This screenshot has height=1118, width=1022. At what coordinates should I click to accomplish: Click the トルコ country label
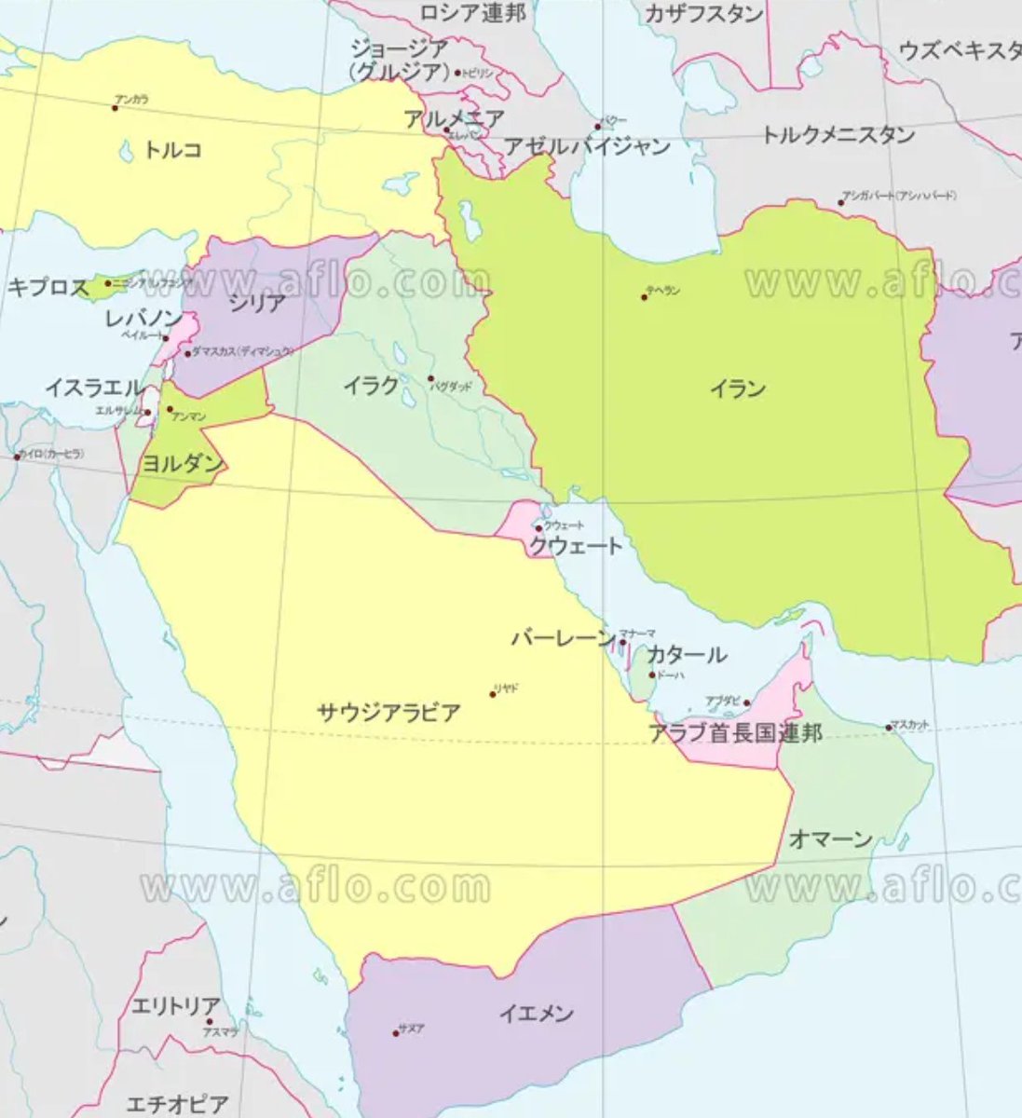click(x=172, y=149)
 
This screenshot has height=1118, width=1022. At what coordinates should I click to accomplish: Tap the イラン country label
click(x=738, y=389)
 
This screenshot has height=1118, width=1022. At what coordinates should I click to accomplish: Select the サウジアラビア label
click(x=388, y=713)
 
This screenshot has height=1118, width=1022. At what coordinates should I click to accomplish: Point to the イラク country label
click(x=371, y=384)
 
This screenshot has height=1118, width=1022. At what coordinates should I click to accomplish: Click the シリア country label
click(x=257, y=302)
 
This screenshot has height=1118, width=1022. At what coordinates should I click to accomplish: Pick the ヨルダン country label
click(x=182, y=463)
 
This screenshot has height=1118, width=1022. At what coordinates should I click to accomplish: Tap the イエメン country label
click(x=536, y=1013)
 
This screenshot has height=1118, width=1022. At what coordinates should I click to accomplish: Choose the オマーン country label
click(x=831, y=838)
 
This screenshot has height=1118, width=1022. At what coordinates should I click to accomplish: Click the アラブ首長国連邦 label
click(x=736, y=732)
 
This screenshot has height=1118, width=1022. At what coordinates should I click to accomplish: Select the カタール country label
click(x=687, y=654)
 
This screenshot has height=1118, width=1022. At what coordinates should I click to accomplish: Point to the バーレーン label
click(x=563, y=638)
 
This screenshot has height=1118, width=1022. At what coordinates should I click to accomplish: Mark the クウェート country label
click(x=575, y=546)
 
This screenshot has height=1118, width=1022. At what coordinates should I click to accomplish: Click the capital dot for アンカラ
click(x=115, y=108)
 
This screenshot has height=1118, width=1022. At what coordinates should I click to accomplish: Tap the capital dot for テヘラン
click(x=644, y=297)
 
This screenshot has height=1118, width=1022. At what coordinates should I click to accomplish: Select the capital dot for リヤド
click(x=493, y=694)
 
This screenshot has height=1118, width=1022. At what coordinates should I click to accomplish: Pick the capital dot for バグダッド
click(x=430, y=378)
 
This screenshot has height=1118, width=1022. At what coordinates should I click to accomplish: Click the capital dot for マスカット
click(x=888, y=728)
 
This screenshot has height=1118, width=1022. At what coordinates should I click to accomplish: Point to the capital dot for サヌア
click(x=396, y=1033)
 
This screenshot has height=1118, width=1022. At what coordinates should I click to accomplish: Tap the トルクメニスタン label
click(x=838, y=135)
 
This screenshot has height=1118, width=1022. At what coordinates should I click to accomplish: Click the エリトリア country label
click(x=176, y=1006)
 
